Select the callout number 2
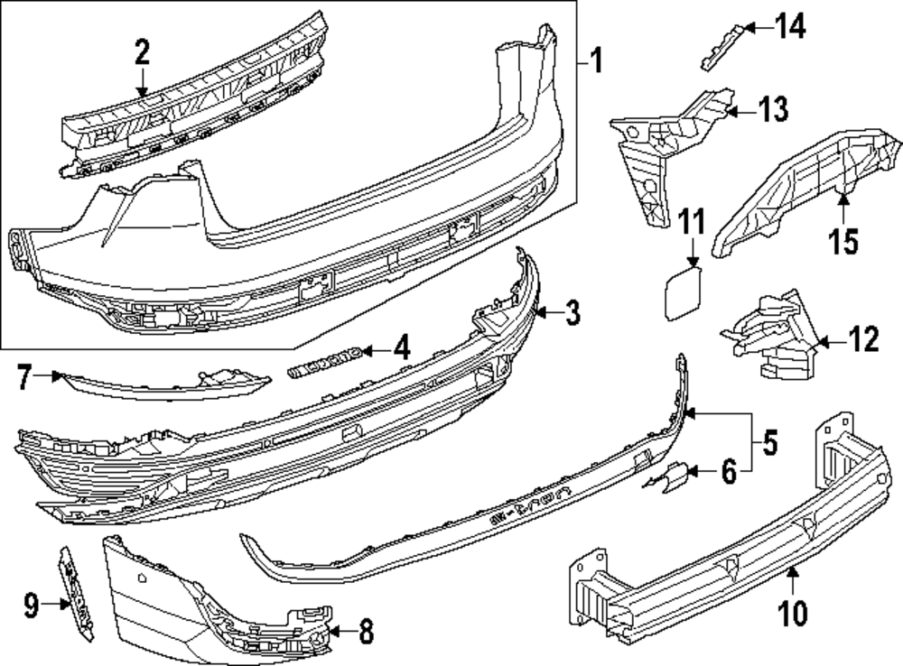tap(142, 53)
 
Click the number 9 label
tap(32, 606)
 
